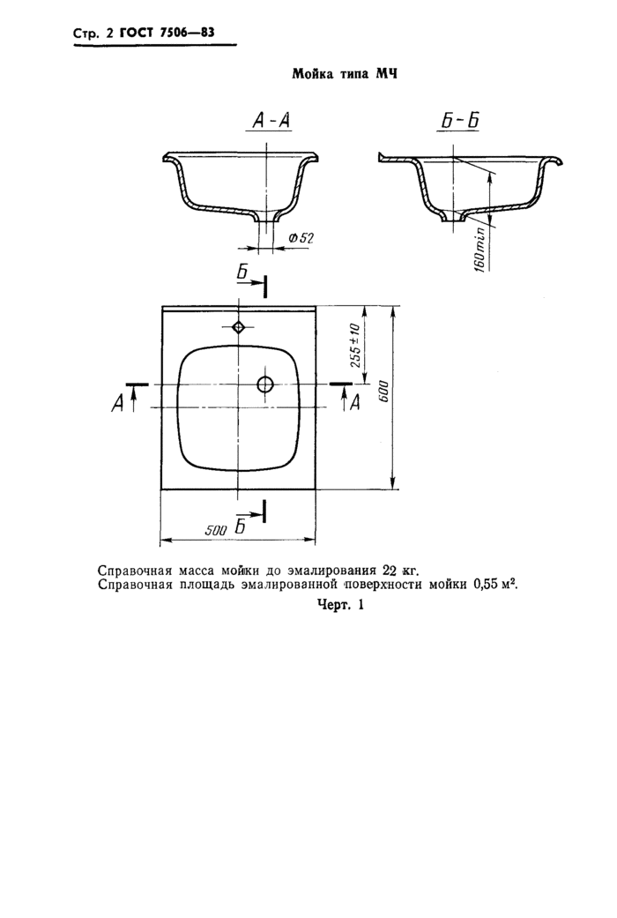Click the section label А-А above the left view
coord(271,121)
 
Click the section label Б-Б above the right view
coord(459,121)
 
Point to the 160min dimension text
coord(479,248)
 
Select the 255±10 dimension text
coord(355,346)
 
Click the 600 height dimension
coord(384,392)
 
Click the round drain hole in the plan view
coord(265,384)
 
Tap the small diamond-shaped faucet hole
coord(238,326)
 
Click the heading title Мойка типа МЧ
coord(345,74)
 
